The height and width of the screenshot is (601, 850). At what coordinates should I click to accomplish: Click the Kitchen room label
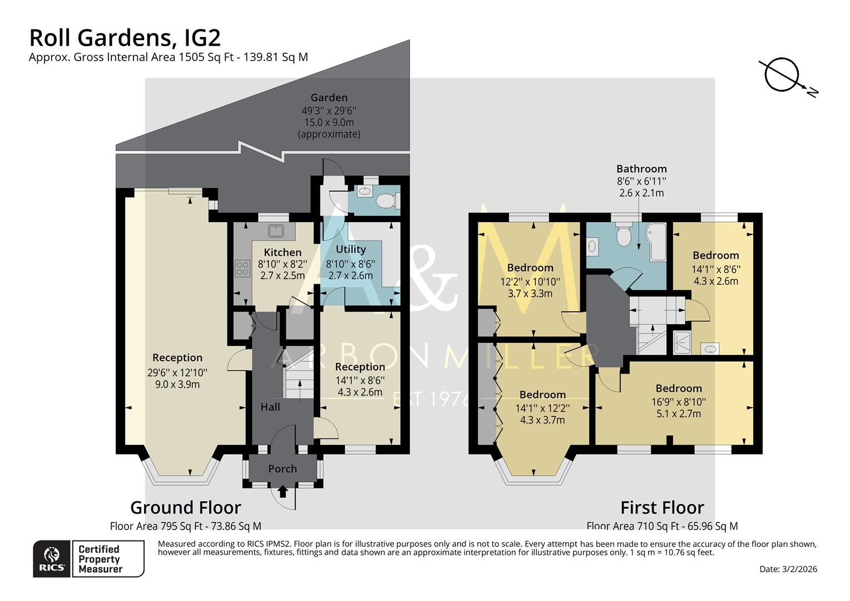tap(283, 252)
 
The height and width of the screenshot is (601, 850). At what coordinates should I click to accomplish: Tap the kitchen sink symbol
tap(275, 230)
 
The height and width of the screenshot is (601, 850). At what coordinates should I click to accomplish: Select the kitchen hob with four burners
tap(243, 269)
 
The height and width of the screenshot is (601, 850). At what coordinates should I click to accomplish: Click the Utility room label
tap(350, 249)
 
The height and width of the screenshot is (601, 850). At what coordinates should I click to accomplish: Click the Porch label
tap(283, 469)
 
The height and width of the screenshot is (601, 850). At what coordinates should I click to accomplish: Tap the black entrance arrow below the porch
tap(283, 491)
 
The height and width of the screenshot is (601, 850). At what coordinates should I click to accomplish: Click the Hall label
tap(270, 407)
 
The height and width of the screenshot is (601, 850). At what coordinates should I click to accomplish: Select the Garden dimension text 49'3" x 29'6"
tap(329, 111)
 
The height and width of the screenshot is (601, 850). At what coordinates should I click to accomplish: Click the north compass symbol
tap(782, 75)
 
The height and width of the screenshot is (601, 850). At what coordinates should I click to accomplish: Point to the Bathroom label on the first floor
tap(641, 169)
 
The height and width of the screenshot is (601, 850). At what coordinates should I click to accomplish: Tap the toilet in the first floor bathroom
tap(624, 235)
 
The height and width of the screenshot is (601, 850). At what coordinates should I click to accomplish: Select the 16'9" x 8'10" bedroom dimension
tap(679, 401)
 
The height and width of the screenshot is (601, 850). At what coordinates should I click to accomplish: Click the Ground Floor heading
tap(185, 508)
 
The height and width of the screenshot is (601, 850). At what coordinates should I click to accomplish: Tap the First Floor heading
tap(662, 508)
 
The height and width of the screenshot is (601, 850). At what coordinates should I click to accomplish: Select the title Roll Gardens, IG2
tap(125, 38)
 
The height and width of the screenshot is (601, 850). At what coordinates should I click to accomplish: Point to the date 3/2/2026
tap(788, 569)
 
